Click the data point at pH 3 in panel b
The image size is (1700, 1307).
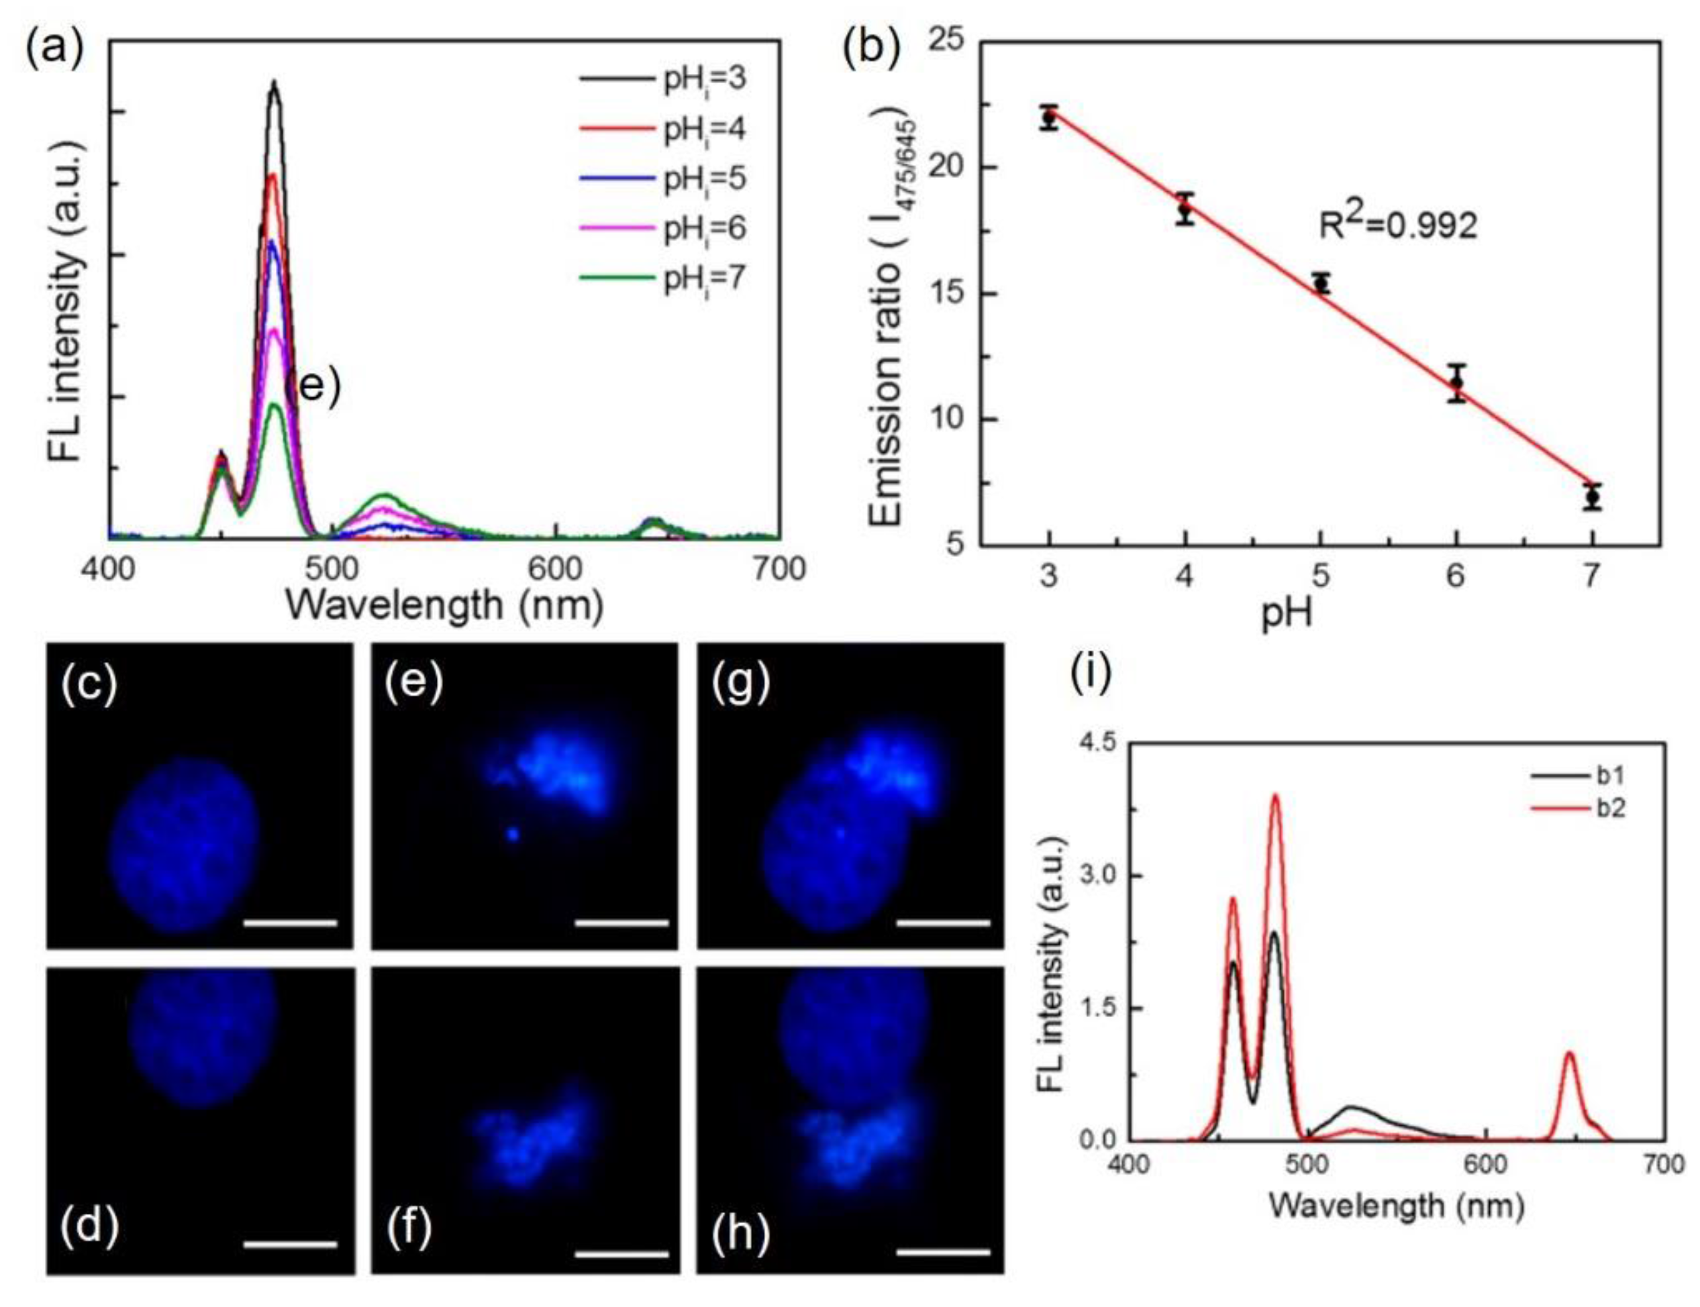1049,117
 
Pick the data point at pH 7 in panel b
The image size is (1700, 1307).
1592,496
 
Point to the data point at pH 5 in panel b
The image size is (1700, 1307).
1320,284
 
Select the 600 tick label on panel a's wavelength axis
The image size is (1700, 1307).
555,570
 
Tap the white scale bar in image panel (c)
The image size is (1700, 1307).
289,923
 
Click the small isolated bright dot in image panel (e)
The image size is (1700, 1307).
513,834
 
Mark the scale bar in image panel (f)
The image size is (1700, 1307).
621,1253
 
